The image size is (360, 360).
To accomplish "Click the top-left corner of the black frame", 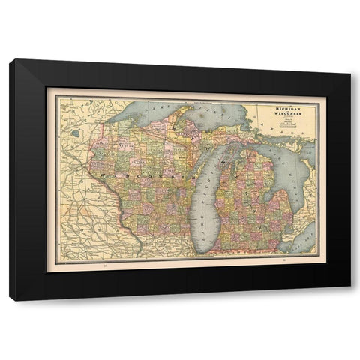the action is click(10, 60).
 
